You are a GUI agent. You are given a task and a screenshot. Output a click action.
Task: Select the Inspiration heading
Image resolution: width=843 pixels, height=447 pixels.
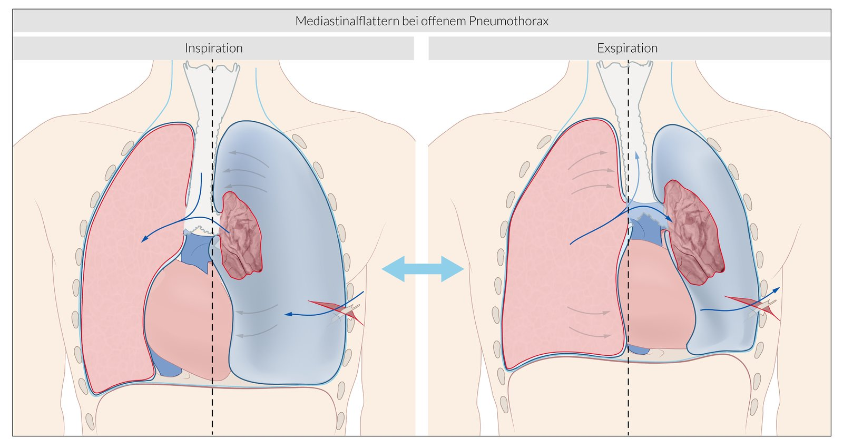(213, 48)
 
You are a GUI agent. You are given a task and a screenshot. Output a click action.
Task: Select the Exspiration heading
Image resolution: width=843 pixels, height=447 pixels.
(627, 48)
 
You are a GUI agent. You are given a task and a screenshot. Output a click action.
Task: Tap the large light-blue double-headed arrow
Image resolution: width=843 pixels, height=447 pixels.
(423, 269)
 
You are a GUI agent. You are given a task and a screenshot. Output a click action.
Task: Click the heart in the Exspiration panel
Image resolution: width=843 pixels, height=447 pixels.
(653, 295)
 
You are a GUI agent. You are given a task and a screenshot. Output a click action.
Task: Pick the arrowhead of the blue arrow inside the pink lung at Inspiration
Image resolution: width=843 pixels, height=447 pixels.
(144, 240)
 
